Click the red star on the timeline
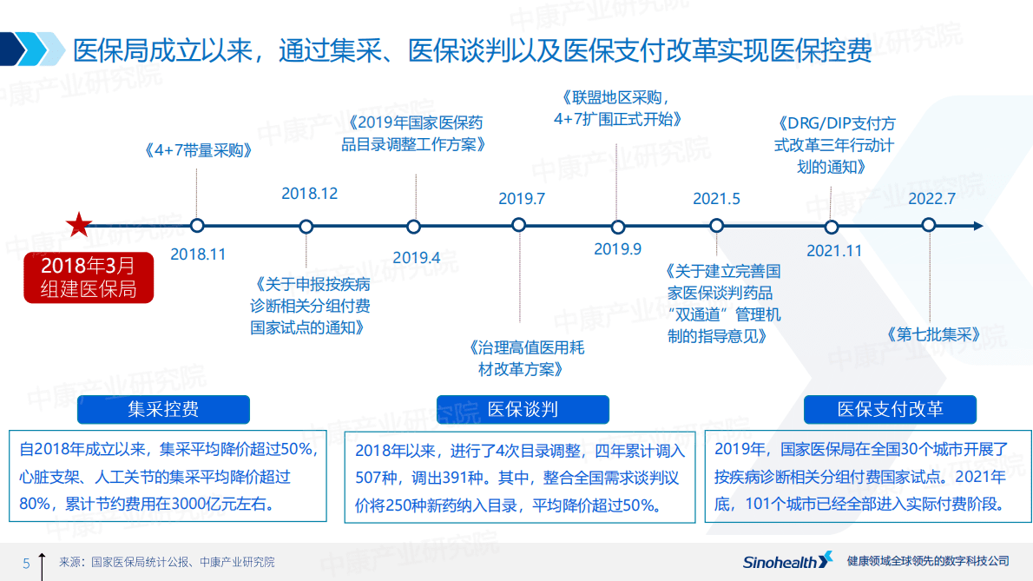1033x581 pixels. [x=79, y=225]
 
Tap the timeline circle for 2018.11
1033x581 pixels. [x=197, y=226]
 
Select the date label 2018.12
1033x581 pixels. [x=310, y=194]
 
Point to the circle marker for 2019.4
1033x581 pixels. [x=414, y=227]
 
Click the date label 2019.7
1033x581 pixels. [x=522, y=199]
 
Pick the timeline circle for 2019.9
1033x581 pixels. [x=618, y=228]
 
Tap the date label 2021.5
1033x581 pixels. [x=716, y=199]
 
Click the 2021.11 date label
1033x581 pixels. [x=834, y=251]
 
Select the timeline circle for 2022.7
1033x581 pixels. [x=929, y=225]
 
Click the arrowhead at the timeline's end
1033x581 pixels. [x=978, y=226]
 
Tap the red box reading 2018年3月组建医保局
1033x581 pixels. [x=89, y=277]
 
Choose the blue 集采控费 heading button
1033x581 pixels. [x=163, y=409]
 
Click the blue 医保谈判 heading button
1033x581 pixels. [x=523, y=409]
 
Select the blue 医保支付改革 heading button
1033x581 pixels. [x=890, y=409]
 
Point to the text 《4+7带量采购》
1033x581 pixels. [x=198, y=149]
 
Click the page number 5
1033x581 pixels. [x=26, y=563]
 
